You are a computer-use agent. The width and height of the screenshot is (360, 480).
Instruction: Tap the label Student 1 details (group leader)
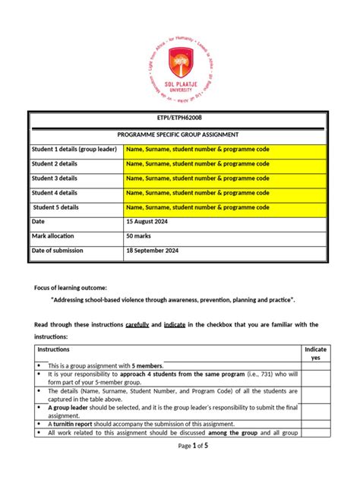(74, 149)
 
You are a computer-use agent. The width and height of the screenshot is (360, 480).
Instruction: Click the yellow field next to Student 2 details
(225, 163)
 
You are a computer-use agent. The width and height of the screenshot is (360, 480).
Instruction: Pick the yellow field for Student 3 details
(225, 178)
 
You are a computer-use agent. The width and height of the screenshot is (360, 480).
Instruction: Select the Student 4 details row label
(55, 192)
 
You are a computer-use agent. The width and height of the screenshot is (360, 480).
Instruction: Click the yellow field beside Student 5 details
(225, 207)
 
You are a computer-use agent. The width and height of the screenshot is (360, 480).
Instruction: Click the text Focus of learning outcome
(71, 287)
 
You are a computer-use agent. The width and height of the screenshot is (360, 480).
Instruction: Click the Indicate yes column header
(315, 354)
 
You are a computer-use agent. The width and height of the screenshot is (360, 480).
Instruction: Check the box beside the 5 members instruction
(315, 365)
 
